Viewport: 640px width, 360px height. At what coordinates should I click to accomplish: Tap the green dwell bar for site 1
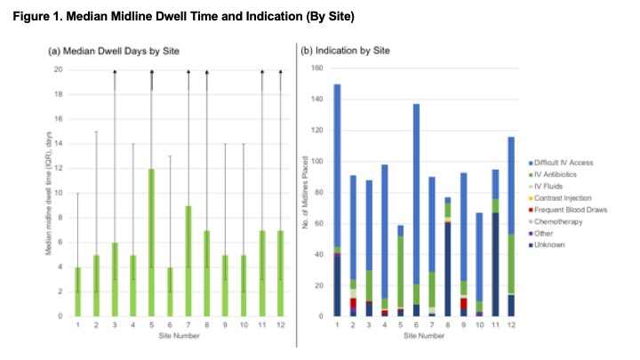point(78,292)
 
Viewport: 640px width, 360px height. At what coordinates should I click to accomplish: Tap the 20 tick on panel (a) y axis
point(59,69)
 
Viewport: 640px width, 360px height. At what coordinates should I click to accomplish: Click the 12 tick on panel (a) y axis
point(59,168)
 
